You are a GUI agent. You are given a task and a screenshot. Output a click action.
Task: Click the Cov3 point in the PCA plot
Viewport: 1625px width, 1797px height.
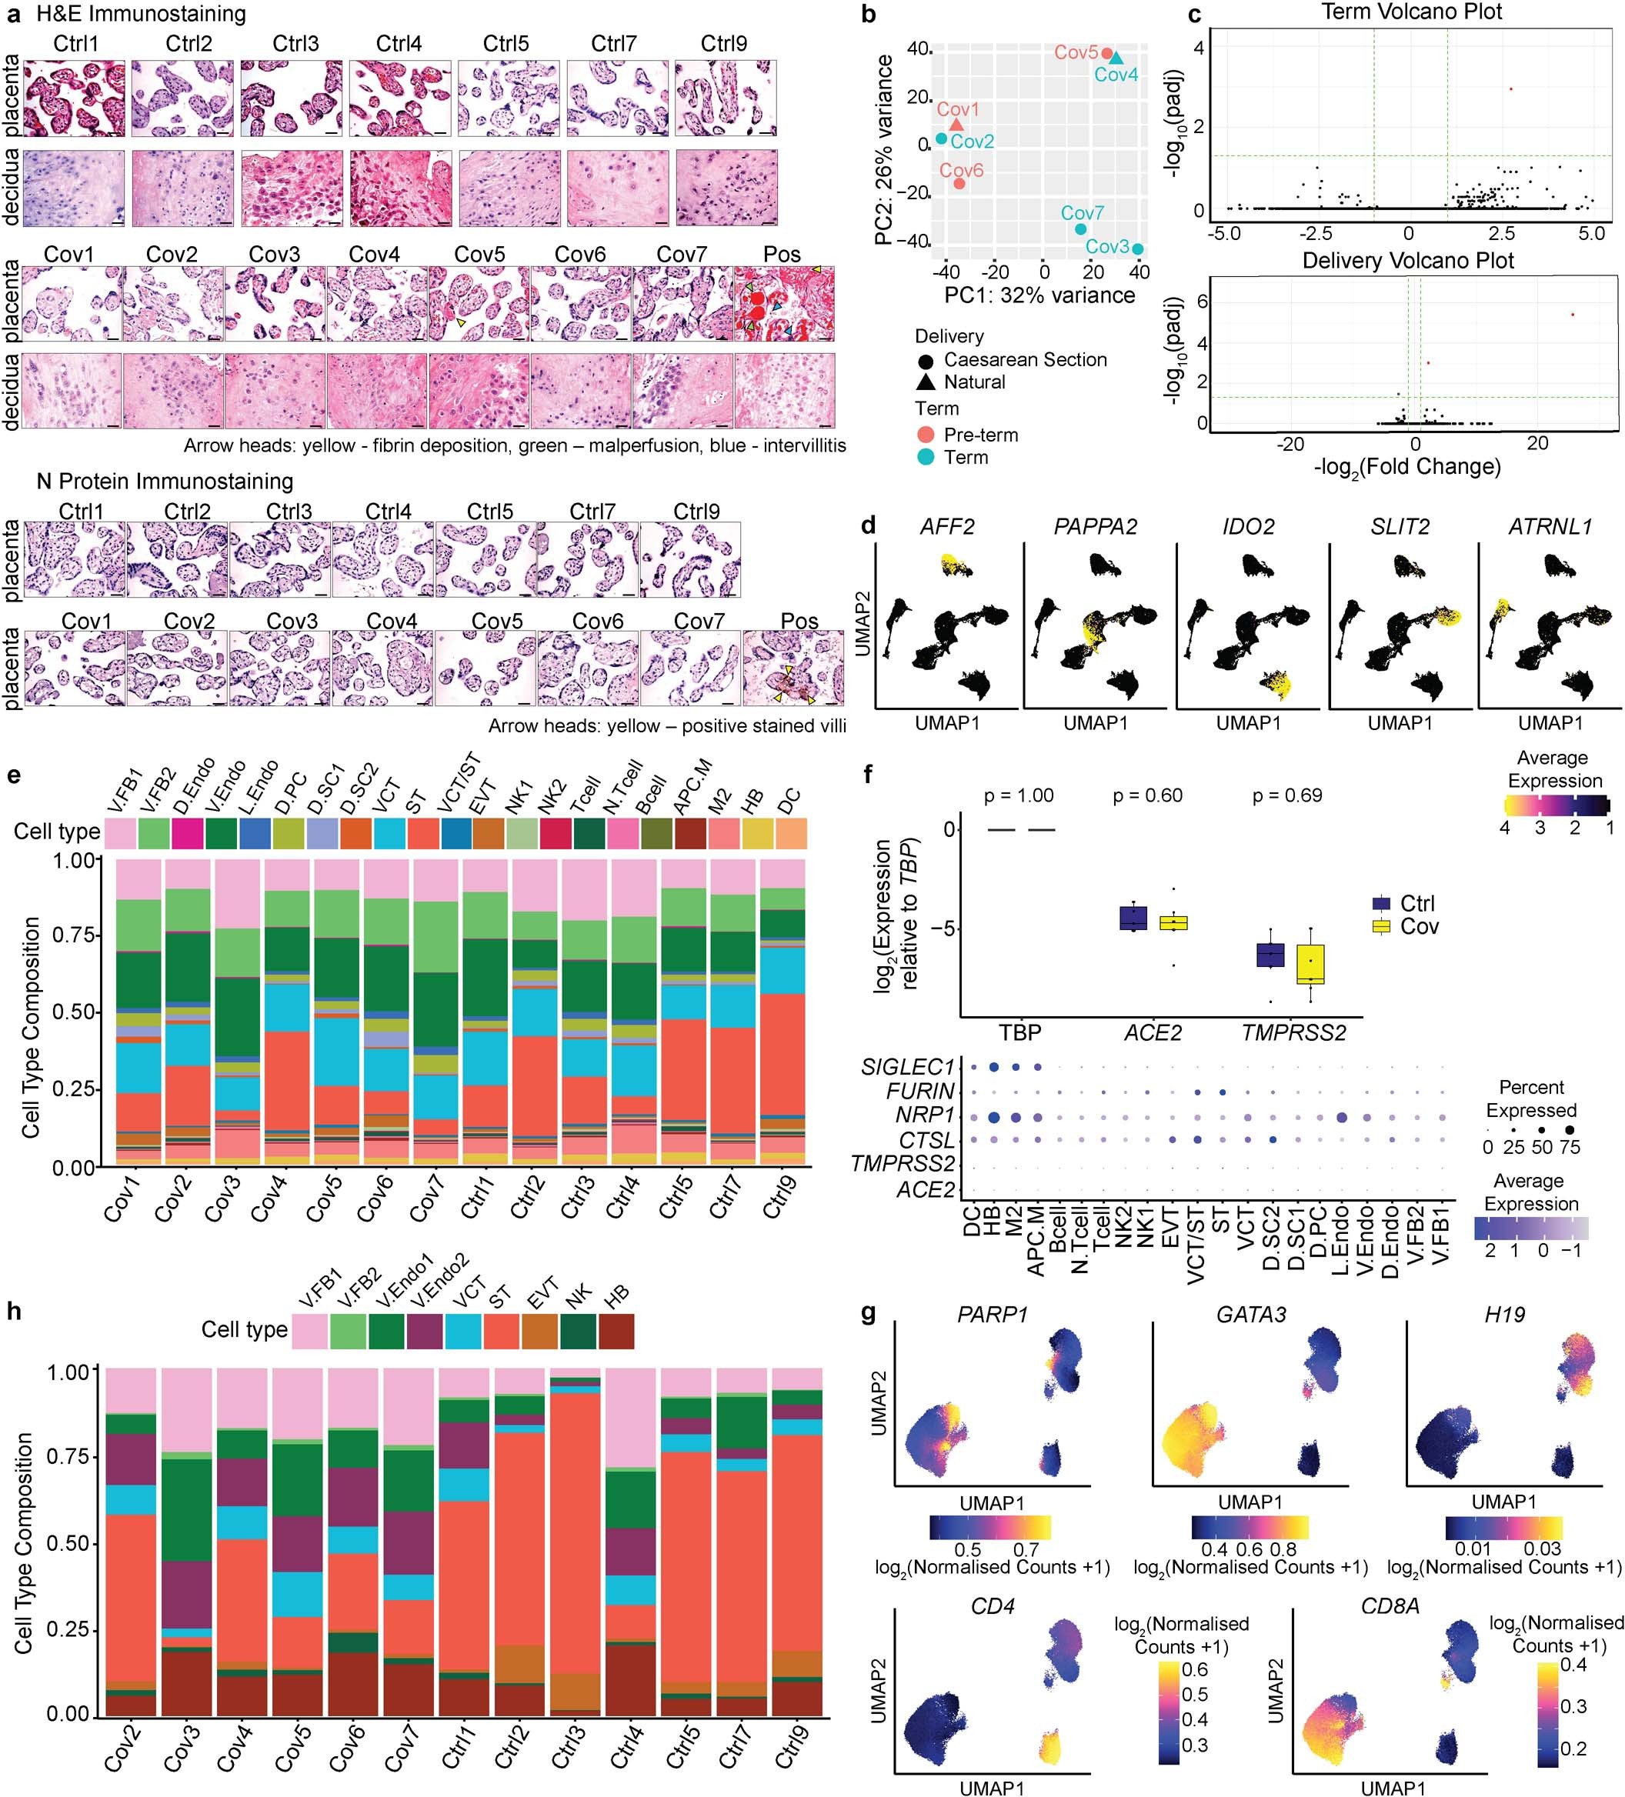point(1137,249)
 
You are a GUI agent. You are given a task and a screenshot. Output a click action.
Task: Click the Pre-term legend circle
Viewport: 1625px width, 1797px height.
point(926,435)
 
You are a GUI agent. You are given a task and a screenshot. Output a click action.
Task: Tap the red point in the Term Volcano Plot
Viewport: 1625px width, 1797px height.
point(1511,89)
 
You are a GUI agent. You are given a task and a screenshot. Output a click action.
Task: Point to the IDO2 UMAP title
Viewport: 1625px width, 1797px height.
point(1247,527)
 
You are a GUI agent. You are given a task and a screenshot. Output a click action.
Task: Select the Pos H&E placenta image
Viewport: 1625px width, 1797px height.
point(785,303)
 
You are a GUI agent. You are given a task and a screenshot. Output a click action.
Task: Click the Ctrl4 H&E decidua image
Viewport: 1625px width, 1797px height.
point(399,187)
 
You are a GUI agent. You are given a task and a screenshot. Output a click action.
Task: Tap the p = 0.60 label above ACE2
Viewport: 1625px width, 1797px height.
point(1147,795)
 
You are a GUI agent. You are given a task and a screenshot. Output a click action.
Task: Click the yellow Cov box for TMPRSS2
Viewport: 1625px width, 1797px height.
point(1310,965)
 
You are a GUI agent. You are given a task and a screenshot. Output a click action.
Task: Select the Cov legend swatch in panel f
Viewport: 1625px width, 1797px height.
point(1382,926)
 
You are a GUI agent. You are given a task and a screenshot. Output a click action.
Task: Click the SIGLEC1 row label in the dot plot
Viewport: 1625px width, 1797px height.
point(906,1067)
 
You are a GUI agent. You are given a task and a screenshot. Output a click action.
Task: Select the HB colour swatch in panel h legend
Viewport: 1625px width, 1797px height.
point(616,1331)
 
